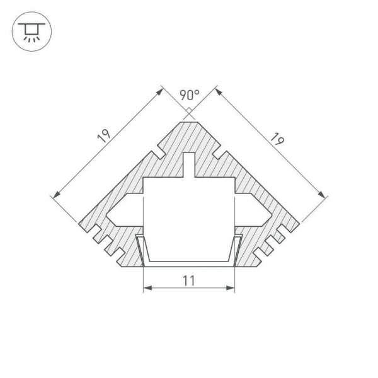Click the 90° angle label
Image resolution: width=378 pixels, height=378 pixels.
tap(189, 95)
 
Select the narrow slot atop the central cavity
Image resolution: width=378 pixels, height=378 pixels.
tap(189, 165)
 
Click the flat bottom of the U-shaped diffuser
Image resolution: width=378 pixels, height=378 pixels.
tap(189, 261)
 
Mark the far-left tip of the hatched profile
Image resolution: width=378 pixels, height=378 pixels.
tap(80, 223)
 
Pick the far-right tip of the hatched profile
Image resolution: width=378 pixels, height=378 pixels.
tap(298, 223)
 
